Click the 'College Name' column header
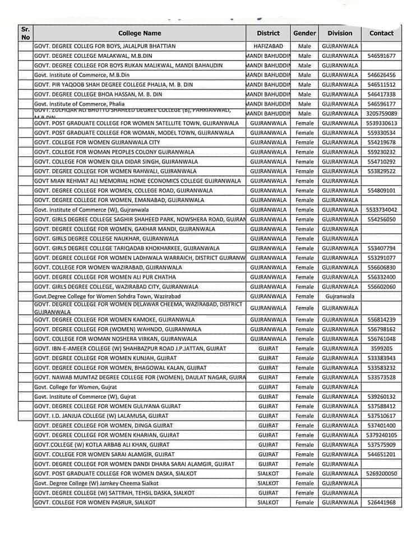tap(139, 33)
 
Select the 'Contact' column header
tap(381, 33)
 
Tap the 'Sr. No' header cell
tap(25, 33)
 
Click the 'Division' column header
tap(340, 33)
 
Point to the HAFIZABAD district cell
tap(268, 46)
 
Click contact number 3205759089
tap(381, 113)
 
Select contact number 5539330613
tap(381, 123)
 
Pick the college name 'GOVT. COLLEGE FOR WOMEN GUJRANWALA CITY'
tap(96, 142)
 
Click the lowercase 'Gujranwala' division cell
tap(340, 296)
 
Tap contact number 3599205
tap(381, 349)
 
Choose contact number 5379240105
tap(381, 435)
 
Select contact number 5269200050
tap(381, 474)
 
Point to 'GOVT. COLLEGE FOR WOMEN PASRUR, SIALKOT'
tap(95, 503)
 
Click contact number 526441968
tap(381, 503)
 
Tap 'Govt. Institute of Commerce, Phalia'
tap(79, 104)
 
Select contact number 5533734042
tap(381, 210)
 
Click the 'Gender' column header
tap(304, 33)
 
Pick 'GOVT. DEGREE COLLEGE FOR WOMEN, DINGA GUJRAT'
tap(103, 425)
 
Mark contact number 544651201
tap(381, 454)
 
